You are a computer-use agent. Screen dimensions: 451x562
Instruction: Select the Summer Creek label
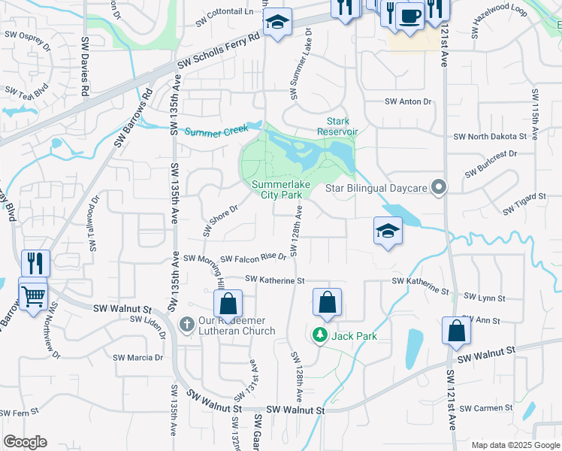pos(216,131)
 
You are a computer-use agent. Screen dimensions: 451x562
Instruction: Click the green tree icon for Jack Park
pos(321,334)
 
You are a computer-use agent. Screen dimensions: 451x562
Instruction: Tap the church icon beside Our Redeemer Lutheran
pos(187,323)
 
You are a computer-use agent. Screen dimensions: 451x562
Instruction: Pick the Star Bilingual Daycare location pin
pos(440,187)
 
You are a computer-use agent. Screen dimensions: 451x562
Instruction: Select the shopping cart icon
pos(33,296)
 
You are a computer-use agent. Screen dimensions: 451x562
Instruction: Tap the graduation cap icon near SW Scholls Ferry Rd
pos(276,23)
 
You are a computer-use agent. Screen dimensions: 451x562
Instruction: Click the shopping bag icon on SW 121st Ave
pos(457,331)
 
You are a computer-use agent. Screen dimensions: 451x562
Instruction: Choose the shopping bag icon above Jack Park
pos(327,304)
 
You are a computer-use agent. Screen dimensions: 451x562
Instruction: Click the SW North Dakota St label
pos(490,137)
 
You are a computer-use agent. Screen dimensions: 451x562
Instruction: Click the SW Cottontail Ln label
pos(224,12)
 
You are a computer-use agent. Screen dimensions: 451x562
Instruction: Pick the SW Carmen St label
pos(486,408)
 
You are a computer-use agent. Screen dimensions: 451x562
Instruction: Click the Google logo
pos(25,442)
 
